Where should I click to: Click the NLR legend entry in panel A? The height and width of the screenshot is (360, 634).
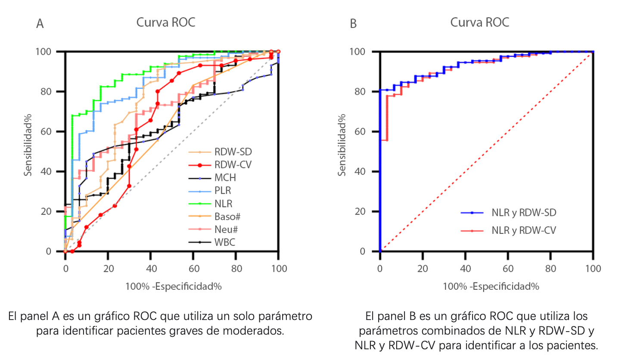(x=223, y=204)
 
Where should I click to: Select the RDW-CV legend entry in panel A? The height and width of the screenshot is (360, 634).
(x=233, y=165)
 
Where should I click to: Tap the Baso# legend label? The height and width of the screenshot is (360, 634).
(x=227, y=217)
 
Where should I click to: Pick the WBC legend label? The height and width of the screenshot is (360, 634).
(x=224, y=242)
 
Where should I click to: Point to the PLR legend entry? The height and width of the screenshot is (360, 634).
(x=222, y=191)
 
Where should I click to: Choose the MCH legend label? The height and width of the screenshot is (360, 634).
(x=225, y=178)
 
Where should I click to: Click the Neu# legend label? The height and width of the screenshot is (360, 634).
(x=226, y=230)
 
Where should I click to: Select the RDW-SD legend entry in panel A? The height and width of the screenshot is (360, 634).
(x=233, y=152)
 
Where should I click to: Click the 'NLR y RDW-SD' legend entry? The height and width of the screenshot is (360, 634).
(x=523, y=213)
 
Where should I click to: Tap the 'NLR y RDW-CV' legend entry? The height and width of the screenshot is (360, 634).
(x=523, y=231)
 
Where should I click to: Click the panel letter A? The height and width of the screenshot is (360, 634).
(x=40, y=24)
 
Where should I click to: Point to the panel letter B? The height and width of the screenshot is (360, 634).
(x=353, y=24)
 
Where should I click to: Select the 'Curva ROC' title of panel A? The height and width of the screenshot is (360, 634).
(x=166, y=22)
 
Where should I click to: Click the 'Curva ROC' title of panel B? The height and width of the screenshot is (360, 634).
(x=479, y=22)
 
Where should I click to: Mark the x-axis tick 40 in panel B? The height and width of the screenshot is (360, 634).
(x=465, y=269)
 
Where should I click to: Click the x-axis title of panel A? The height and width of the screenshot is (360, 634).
(x=173, y=286)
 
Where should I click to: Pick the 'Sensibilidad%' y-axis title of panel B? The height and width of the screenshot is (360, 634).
(x=342, y=145)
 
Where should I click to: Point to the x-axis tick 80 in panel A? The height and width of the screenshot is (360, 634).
(x=236, y=269)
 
